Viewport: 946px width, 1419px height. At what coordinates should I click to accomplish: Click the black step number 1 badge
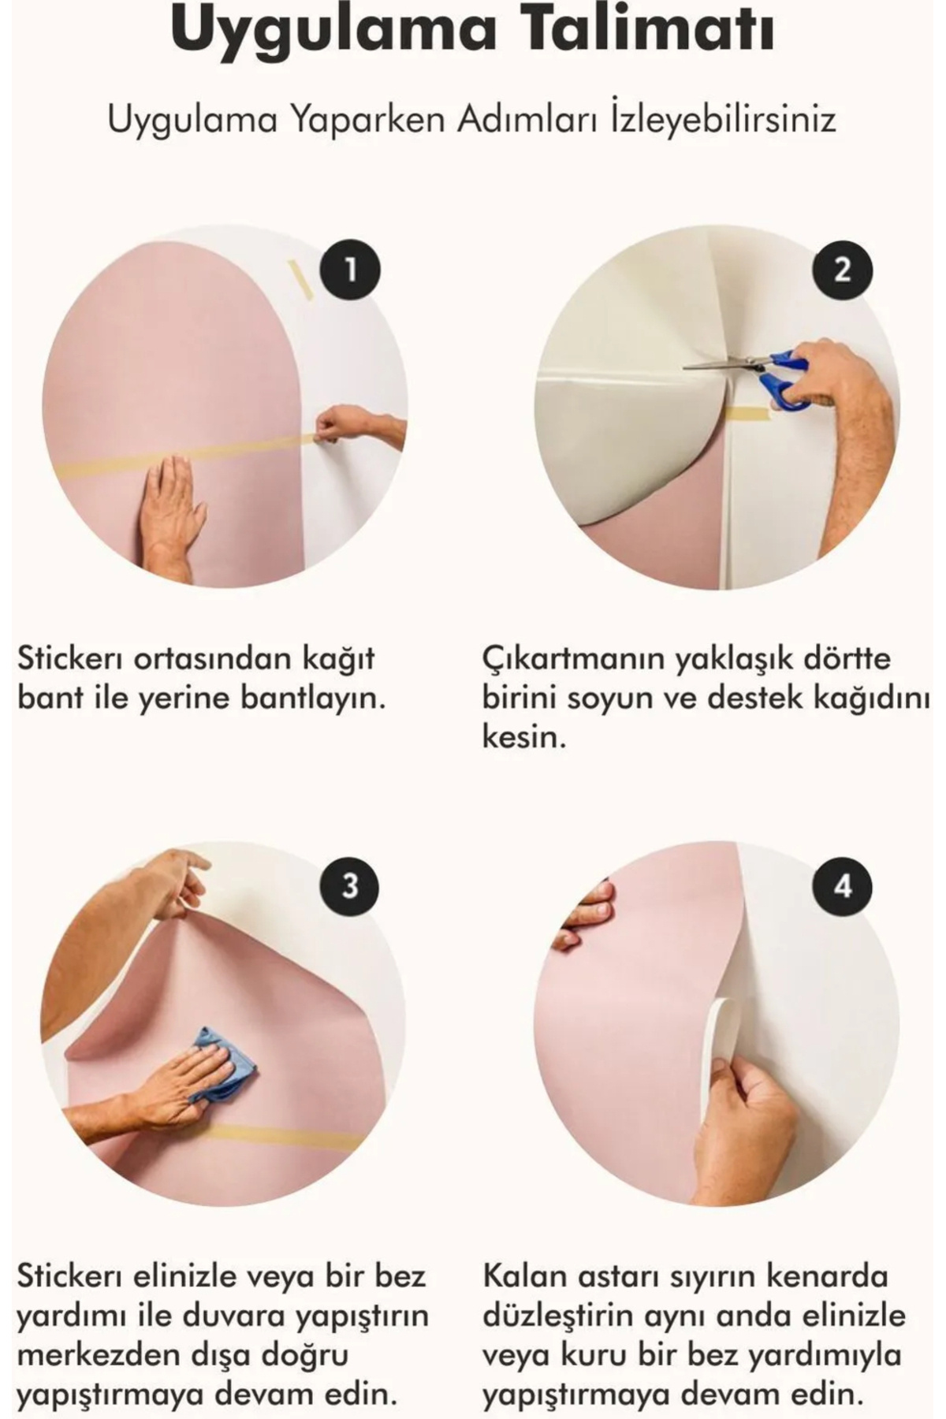350,271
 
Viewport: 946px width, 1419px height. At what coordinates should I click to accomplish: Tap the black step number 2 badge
843,271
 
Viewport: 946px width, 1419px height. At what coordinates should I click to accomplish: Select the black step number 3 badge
350,885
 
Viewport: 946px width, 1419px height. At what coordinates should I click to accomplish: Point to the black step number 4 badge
843,885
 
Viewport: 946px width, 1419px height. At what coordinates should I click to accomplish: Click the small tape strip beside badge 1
300,280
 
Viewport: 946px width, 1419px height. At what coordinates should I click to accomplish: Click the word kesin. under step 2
524,738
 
